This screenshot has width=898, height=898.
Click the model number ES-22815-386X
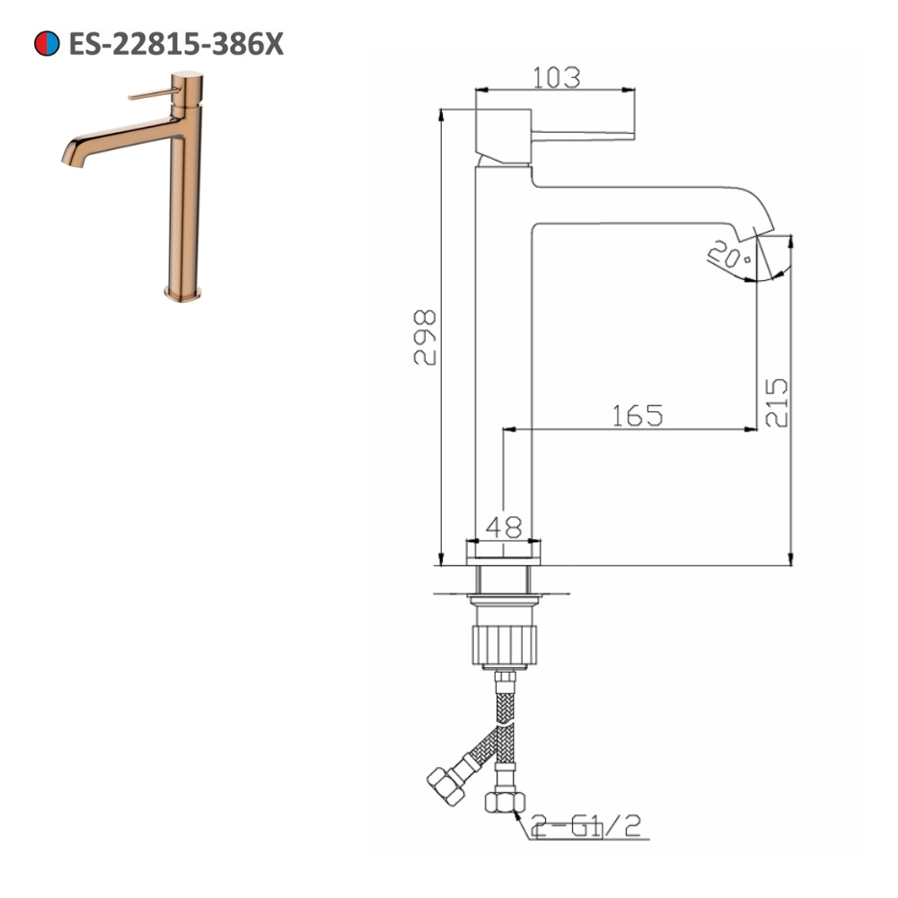click(x=175, y=43)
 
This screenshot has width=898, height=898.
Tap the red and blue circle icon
click(x=47, y=43)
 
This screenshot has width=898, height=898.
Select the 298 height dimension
click(x=425, y=337)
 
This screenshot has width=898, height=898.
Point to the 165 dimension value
click(x=637, y=416)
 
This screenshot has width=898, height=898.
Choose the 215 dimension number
click(x=777, y=401)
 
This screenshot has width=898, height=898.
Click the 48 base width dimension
click(x=504, y=528)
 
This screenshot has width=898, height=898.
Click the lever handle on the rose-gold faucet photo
click(x=153, y=94)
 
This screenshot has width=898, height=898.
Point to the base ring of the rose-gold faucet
click(x=183, y=293)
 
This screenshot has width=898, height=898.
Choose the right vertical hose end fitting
click(x=504, y=799)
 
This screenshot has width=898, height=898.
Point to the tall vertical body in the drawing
click(x=503, y=359)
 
